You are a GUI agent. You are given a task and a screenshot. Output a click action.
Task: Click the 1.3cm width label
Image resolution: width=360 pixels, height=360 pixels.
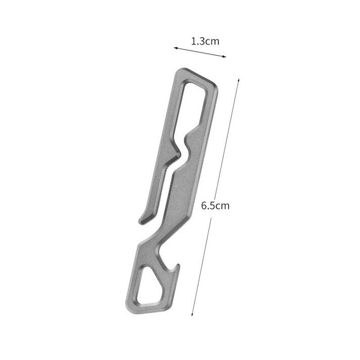click(x=205, y=41)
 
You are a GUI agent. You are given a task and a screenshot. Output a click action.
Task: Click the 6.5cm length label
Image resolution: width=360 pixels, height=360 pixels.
click(x=215, y=206)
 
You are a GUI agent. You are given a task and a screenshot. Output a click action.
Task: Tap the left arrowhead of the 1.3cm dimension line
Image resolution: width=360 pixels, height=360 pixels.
click(x=175, y=48)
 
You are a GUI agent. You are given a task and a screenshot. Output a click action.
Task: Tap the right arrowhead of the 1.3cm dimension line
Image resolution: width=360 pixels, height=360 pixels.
click(x=225, y=56)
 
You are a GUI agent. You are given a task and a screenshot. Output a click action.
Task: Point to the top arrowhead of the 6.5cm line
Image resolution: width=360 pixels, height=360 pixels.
click(x=238, y=80)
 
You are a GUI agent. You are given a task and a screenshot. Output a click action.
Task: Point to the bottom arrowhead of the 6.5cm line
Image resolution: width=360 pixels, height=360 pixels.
click(x=193, y=314)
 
